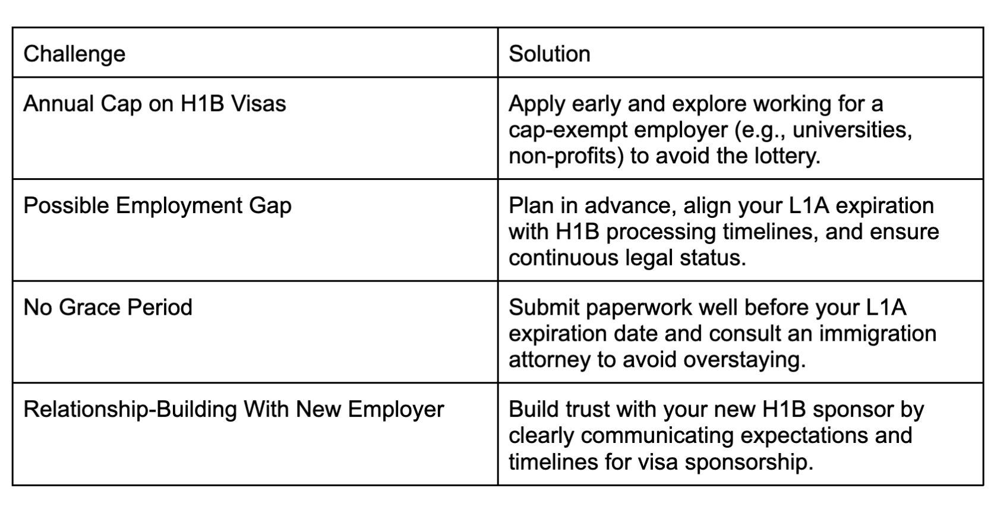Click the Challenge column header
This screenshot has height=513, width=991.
tap(74, 54)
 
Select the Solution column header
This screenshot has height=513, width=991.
tap(550, 54)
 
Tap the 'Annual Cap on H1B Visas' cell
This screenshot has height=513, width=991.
tap(154, 104)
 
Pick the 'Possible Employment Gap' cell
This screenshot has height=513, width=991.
tap(157, 206)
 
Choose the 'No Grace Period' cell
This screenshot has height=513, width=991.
tap(108, 308)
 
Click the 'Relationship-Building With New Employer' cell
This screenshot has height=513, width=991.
tap(233, 410)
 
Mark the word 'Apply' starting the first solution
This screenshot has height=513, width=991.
tap(536, 104)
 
